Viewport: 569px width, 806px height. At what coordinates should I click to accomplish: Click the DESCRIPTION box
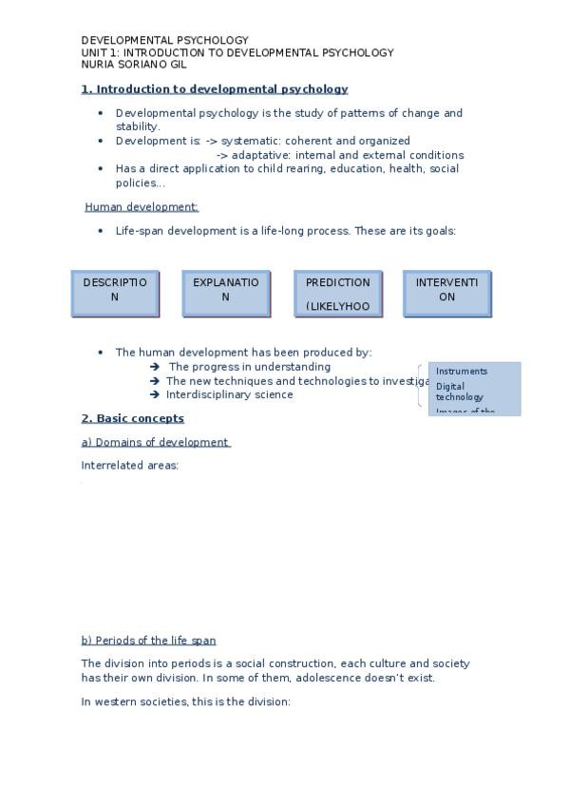pos(115,293)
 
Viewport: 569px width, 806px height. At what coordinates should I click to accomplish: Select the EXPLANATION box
pos(226,293)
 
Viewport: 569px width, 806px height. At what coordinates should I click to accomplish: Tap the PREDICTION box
pos(338,293)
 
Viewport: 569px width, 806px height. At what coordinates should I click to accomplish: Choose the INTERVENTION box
pos(447,293)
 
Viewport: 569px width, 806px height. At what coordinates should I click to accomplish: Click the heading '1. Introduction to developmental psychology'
pos(215,89)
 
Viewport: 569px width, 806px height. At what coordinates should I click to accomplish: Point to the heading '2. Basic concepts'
pos(133,418)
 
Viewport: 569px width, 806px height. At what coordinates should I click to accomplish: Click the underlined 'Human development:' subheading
pos(142,207)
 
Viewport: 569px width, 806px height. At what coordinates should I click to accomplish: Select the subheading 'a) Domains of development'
pos(156,442)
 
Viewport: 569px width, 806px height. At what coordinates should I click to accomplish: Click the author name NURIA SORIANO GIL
pos(134,65)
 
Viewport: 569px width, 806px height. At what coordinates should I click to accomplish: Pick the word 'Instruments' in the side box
pos(462,372)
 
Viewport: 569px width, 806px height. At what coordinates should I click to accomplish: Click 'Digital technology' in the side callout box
pos(460,392)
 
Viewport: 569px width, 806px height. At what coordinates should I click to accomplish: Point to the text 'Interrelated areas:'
pos(130,466)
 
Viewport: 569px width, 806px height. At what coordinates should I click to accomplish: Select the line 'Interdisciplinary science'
pos(230,394)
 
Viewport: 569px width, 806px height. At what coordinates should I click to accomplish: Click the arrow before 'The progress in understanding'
pos(155,367)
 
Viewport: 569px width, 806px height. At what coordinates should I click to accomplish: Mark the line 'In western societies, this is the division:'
pos(185,701)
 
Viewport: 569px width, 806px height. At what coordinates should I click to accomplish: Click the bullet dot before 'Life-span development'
pos(101,231)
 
